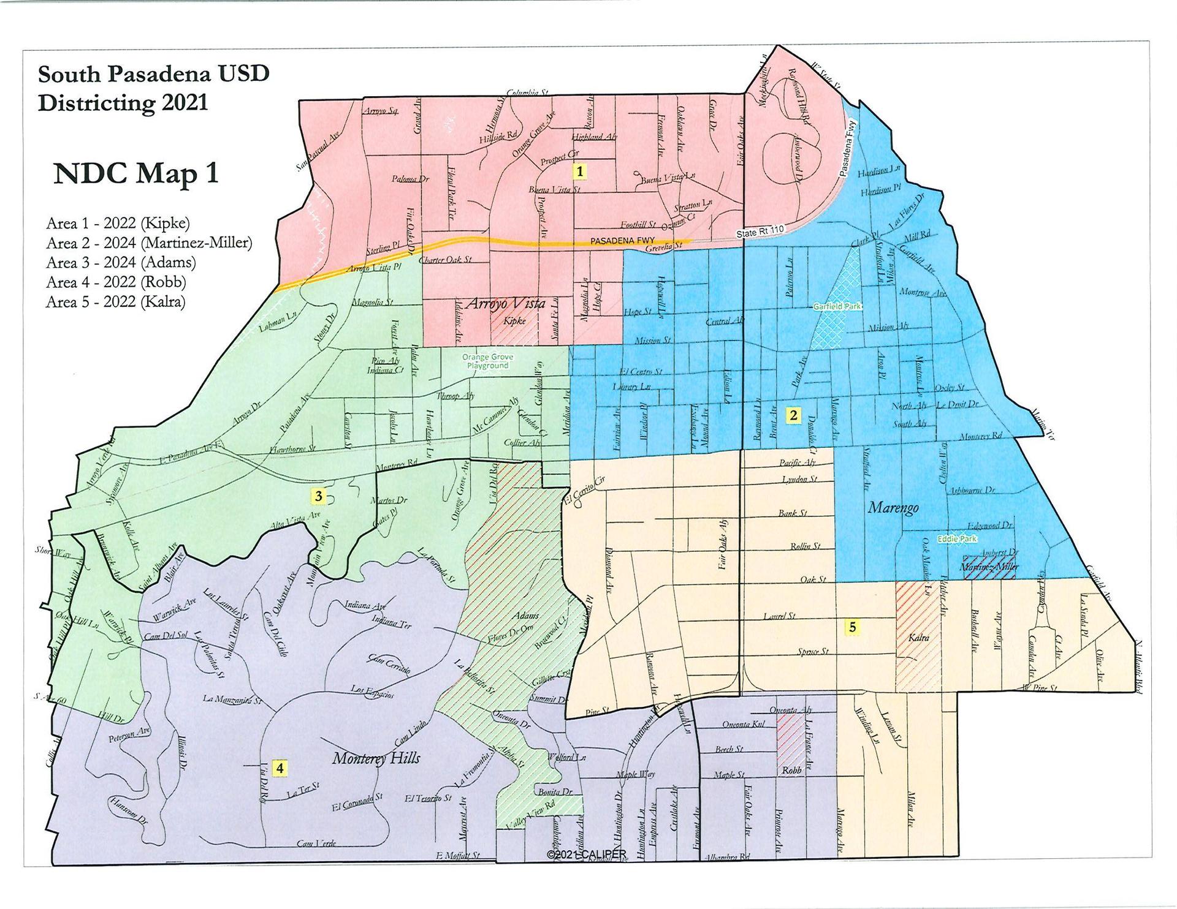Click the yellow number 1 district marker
[x=579, y=171]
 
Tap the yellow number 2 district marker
[x=793, y=415]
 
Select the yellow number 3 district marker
[x=318, y=496]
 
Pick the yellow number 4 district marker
[x=280, y=768]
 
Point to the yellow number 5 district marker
[x=852, y=627]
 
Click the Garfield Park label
[x=837, y=306]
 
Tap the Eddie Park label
[x=956, y=538]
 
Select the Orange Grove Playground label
[x=488, y=361]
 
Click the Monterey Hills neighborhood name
[x=376, y=758]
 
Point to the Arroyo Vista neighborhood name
[x=506, y=303]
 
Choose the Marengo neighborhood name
[x=893, y=508]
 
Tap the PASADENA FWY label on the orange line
[x=623, y=241]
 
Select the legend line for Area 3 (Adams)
[x=121, y=262]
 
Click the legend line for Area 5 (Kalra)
[x=115, y=301]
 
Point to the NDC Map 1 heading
[x=135, y=173]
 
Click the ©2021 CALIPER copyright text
[x=587, y=854]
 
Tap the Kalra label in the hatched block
[x=918, y=638]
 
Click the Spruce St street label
[x=813, y=652]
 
